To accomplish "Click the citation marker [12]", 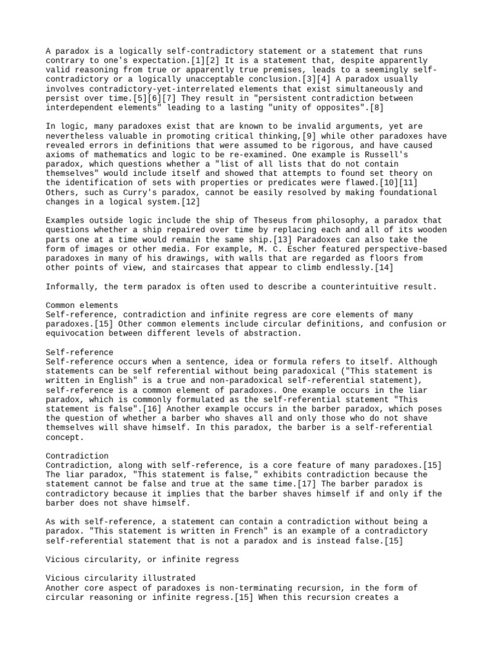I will pos(190,202).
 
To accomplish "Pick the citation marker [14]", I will pos(383,268).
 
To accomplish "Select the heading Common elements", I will pos(82,305).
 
